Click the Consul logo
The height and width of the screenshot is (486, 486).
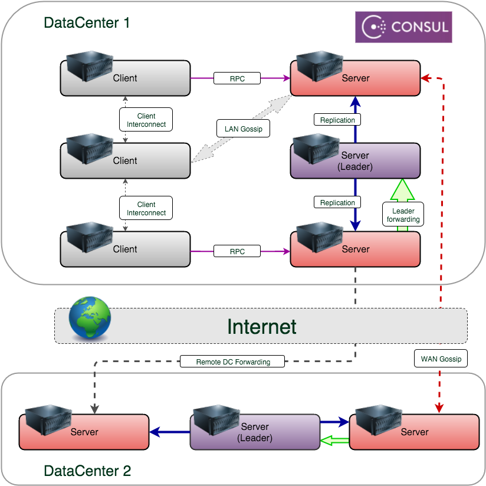[403, 27]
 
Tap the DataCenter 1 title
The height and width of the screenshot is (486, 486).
[87, 24]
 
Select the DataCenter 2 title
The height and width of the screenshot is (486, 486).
[87, 471]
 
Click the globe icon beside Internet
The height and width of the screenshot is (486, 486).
[90, 319]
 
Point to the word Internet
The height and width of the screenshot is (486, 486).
[262, 326]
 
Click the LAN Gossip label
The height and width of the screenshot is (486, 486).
[244, 129]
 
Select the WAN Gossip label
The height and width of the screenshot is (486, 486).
[441, 358]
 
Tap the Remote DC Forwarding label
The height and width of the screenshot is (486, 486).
[233, 362]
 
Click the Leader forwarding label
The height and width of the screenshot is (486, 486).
[403, 215]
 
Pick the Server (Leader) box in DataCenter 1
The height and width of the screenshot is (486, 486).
[356, 160]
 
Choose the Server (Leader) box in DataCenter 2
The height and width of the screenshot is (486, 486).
[255, 432]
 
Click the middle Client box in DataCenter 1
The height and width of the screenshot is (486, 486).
[125, 160]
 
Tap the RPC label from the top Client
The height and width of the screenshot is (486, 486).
[237, 77]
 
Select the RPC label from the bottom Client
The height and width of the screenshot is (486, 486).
[237, 251]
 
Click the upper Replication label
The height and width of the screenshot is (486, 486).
[337, 120]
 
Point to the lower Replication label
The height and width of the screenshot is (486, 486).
[337, 202]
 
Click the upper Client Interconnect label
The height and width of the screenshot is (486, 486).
[146, 120]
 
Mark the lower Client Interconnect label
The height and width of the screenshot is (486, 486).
[146, 209]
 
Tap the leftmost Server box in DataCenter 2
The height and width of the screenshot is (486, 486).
[84, 432]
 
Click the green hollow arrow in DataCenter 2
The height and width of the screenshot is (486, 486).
[334, 439]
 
